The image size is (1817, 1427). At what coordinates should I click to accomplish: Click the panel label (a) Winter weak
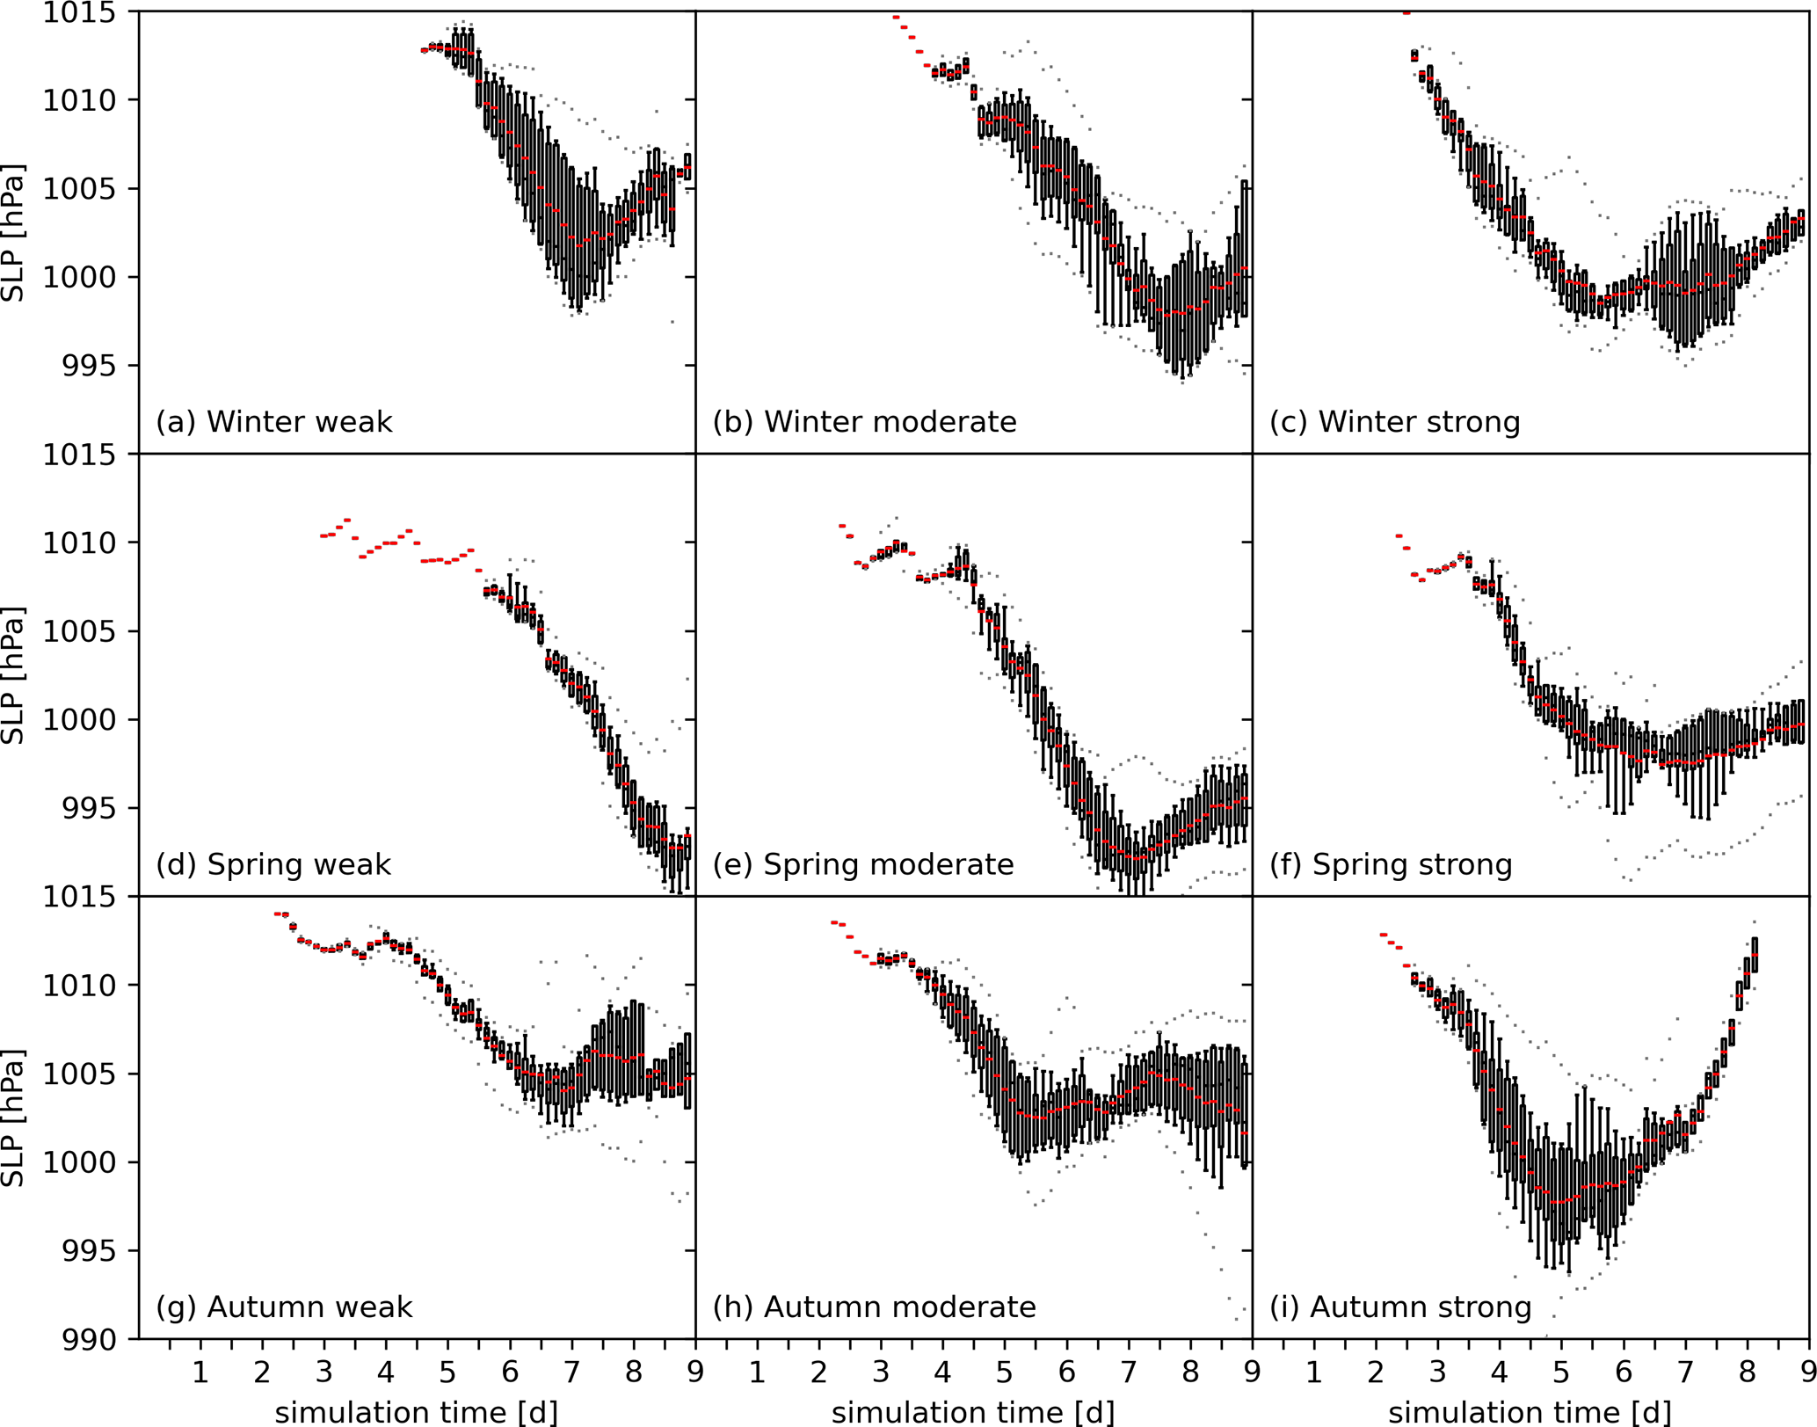coord(273,422)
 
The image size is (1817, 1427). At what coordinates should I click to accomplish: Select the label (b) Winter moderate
coord(864,422)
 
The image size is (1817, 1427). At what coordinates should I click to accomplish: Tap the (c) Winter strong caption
coord(1394,422)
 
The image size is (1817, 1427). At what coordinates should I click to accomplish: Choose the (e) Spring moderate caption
coord(862,864)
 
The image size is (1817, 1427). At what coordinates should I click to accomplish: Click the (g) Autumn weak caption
coord(283,1307)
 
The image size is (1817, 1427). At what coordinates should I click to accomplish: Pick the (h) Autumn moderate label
coord(874,1307)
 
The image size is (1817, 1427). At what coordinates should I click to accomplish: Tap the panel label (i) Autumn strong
coord(1399,1307)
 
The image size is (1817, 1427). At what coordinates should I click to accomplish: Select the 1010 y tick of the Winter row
coord(79,101)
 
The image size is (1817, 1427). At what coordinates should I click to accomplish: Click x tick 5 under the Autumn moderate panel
coord(1004,1372)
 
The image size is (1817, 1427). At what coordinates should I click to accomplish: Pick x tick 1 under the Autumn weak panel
coord(200,1372)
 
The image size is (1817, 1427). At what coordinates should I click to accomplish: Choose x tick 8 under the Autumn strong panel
coord(1747,1372)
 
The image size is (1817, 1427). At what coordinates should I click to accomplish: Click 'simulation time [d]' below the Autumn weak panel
coord(416,1412)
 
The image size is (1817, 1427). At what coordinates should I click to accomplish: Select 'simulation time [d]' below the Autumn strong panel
coord(1530,1412)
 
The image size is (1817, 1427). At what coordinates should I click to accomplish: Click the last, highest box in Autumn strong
coord(1755,955)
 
